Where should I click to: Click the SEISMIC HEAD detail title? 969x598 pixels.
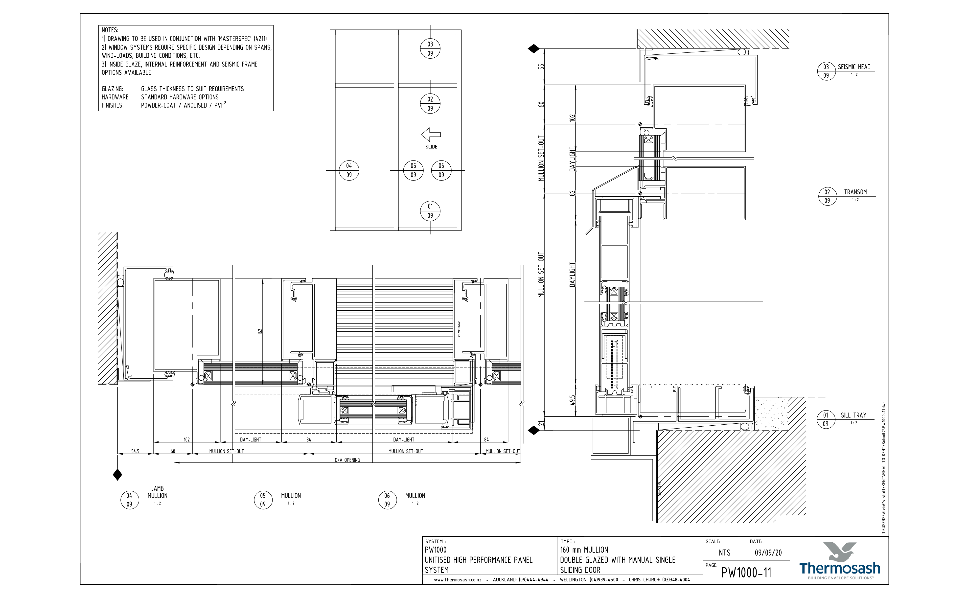tap(854, 67)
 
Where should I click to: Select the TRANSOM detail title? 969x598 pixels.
tap(855, 192)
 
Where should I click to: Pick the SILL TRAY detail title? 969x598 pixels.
tap(854, 415)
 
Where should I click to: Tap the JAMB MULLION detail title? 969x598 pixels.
tap(157, 492)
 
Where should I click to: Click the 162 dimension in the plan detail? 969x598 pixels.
tap(260, 331)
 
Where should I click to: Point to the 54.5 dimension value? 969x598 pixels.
tap(135, 451)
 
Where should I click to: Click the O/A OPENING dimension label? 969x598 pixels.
tap(347, 460)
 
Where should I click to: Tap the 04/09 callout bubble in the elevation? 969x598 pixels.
tap(349, 170)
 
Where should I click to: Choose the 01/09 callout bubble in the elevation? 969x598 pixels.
tap(430, 211)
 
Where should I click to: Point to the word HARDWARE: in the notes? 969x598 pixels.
tap(115, 97)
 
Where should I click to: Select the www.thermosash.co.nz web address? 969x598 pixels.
tap(458, 580)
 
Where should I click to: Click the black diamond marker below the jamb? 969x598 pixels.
tap(117, 475)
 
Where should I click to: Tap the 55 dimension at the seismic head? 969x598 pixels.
tap(541, 67)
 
